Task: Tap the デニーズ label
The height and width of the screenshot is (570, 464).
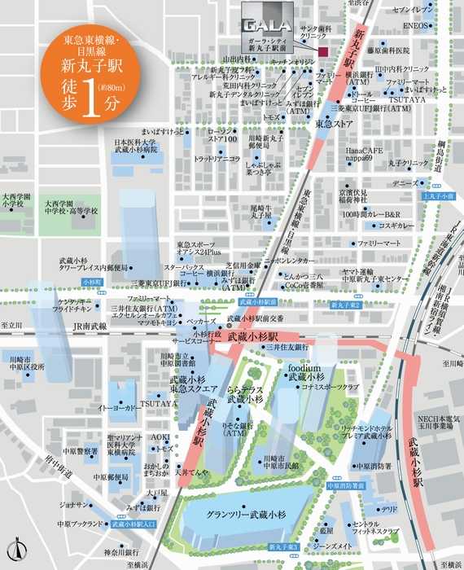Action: [x=405, y=184]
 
